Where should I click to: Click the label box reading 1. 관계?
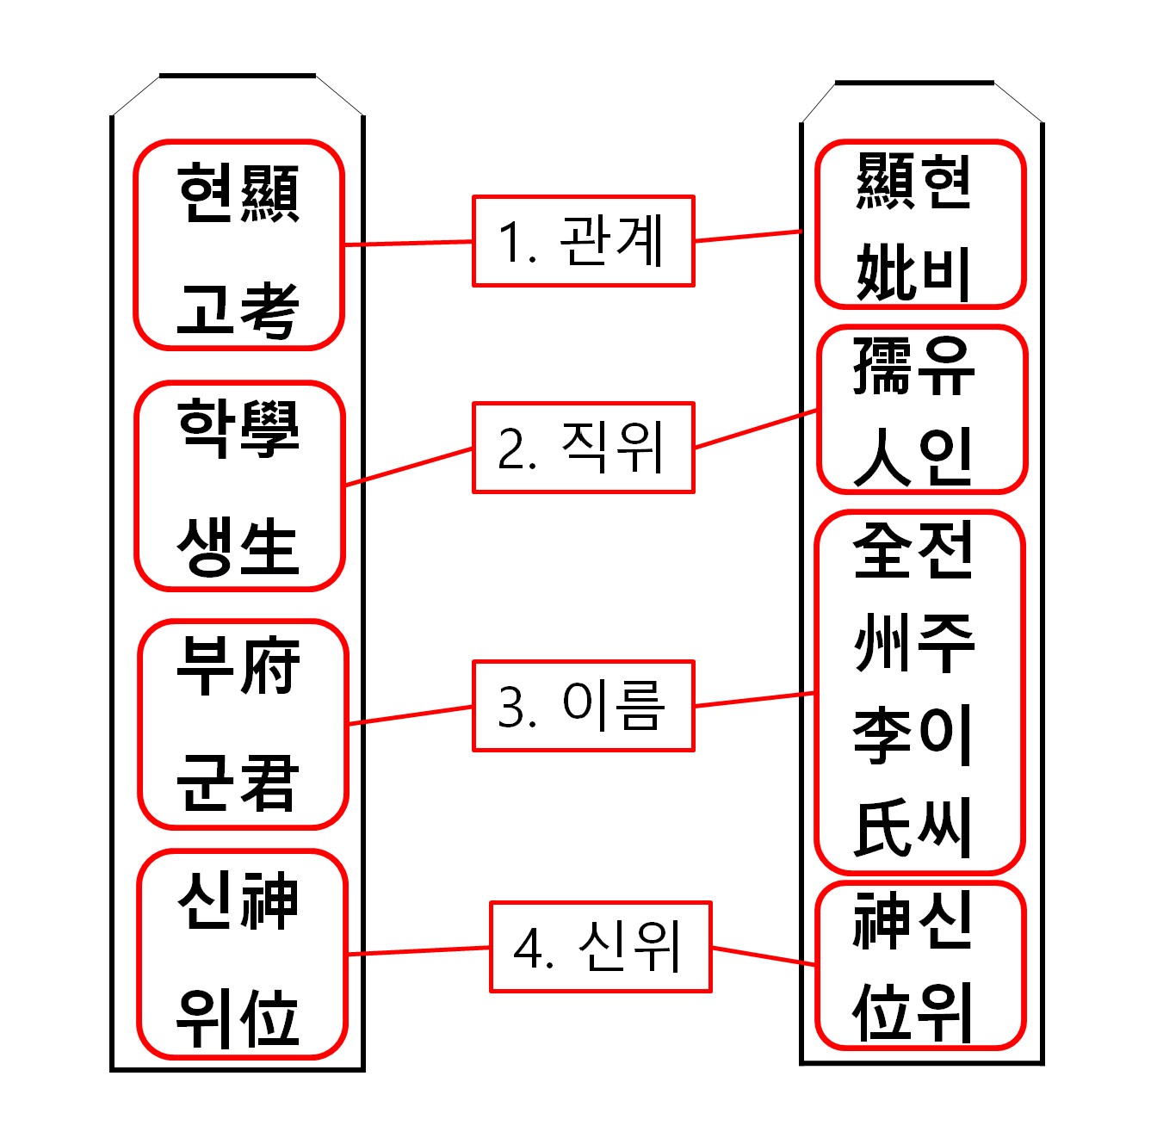click(x=583, y=241)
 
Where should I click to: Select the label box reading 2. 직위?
click(x=583, y=448)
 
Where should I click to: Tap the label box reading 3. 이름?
click(x=583, y=706)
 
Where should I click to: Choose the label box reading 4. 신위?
click(x=600, y=947)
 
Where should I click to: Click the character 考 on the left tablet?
click(x=269, y=311)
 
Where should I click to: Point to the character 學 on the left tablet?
click(x=269, y=428)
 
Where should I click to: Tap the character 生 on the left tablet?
click(x=269, y=547)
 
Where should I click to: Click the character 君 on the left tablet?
click(x=269, y=782)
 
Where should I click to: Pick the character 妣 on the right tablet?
click(x=884, y=273)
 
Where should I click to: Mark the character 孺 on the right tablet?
click(x=882, y=366)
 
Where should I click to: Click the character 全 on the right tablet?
click(x=882, y=550)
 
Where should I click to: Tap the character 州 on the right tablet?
click(x=882, y=643)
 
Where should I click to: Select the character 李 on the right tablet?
click(x=882, y=736)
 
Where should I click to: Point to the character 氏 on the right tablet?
click(x=882, y=829)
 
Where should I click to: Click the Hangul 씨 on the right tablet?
click(x=946, y=829)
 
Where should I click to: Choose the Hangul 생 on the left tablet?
click(x=207, y=547)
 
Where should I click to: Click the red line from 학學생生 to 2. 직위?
click(x=409, y=467)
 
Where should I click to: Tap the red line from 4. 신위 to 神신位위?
click(x=764, y=956)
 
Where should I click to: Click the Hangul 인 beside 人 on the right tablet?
click(x=946, y=457)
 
